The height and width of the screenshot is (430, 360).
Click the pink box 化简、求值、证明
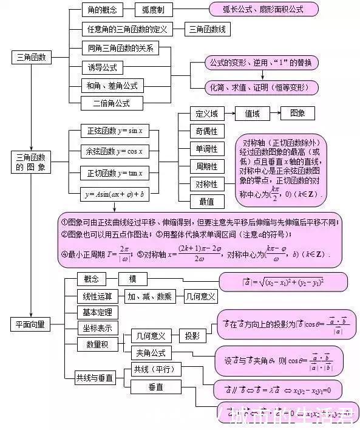pyautogui.click(x=262, y=87)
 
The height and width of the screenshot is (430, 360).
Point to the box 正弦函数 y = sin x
pyautogui.click(x=114, y=131)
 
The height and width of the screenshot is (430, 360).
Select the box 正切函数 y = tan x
pyautogui.click(x=114, y=173)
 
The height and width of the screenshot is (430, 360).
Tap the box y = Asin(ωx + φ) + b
pyautogui.click(x=114, y=194)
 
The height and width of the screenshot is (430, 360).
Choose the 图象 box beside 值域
pyautogui.click(x=297, y=114)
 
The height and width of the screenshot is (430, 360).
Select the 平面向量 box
pyautogui.click(x=29, y=324)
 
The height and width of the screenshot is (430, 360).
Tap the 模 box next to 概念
pyautogui.click(x=132, y=279)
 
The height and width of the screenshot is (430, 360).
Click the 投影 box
pyautogui.click(x=192, y=336)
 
